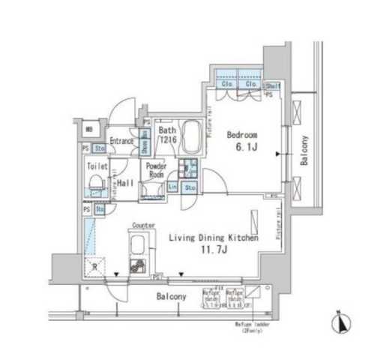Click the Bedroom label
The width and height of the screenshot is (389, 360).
tap(242, 135)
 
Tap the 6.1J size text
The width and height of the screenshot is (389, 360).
tap(243, 148)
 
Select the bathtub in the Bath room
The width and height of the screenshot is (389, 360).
tap(193, 136)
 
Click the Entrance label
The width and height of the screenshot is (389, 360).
tap(121, 140)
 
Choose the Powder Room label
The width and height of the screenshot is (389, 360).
tap(156, 169)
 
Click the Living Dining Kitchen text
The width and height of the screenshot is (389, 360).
tap(213, 238)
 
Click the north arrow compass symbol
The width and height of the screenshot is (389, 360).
tap(338, 324)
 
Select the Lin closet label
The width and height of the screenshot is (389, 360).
tap(172, 185)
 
